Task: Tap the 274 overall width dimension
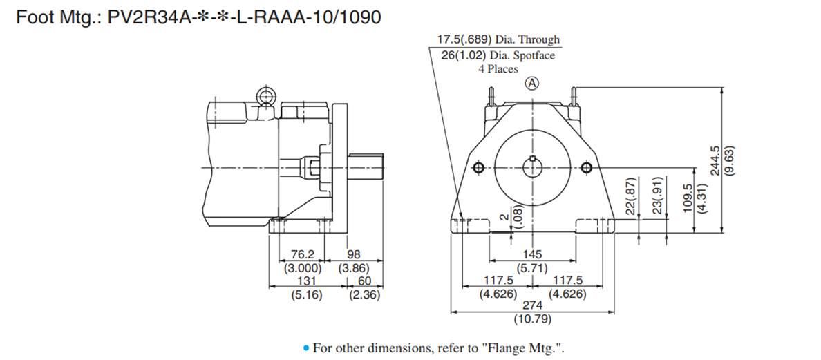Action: (531, 304)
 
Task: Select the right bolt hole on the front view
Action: (586, 169)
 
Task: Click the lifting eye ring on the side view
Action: (265, 97)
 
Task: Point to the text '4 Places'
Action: (498, 69)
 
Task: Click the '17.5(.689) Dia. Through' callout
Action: (498, 40)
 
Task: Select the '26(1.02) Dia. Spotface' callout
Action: (498, 55)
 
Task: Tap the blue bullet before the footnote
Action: (306, 348)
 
